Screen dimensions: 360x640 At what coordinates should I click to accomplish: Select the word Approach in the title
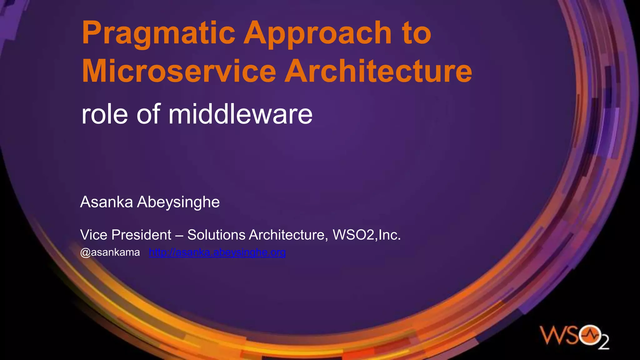pos(317,34)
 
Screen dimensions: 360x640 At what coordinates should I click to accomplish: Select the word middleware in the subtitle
pos(240,114)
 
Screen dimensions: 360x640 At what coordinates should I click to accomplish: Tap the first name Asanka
pos(107,202)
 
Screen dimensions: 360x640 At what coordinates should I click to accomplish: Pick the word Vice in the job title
pos(94,235)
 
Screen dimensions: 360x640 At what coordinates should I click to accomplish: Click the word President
pos(141,235)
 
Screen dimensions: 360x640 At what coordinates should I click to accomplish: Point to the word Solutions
pos(216,235)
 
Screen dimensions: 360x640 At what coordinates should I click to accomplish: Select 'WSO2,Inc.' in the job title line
pos(367,235)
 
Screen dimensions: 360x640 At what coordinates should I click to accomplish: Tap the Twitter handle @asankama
pos(110,252)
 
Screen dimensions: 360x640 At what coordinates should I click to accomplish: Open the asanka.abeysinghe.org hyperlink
pos(217,252)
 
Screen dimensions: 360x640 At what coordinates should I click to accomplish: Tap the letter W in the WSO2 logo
pos(552,336)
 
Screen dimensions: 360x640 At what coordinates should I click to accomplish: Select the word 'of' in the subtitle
pos(148,114)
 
